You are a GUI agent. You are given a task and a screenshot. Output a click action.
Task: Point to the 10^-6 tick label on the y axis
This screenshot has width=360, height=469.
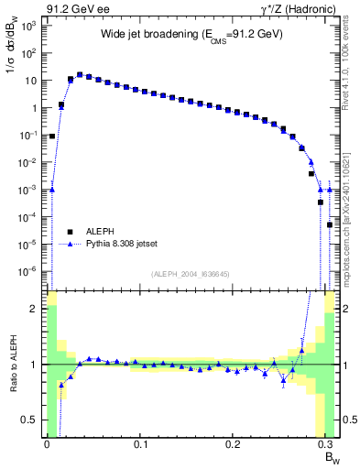29,271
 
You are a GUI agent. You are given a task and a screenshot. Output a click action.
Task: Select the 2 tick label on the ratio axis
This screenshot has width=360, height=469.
33,309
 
